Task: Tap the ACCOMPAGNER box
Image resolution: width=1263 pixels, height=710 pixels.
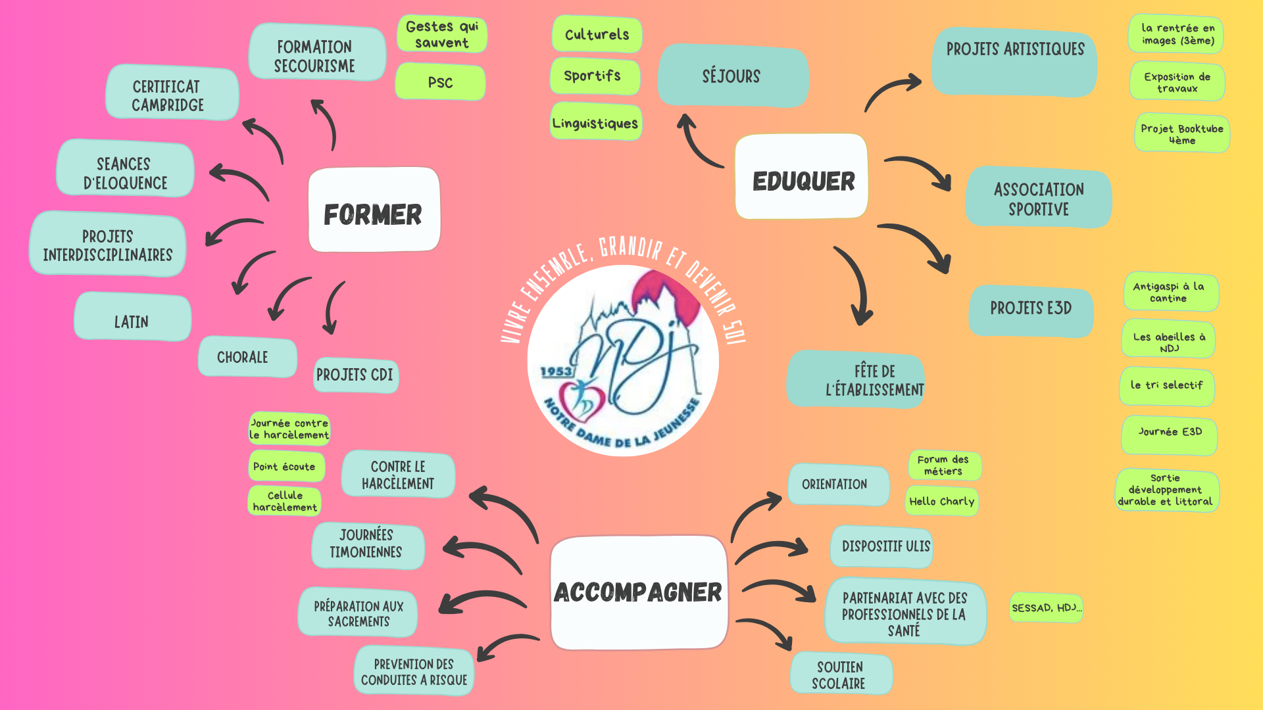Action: [x=639, y=592]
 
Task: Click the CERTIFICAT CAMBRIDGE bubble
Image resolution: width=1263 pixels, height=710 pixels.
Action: [x=171, y=94]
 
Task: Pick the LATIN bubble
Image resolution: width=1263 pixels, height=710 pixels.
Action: [x=132, y=319]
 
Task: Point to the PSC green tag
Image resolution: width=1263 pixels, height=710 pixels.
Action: [x=440, y=82]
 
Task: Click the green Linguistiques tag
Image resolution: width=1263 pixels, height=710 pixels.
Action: [x=595, y=122]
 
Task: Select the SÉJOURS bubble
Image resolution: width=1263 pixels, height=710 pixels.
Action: [x=732, y=76]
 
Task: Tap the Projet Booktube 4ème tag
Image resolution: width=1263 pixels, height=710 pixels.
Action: [x=1181, y=134]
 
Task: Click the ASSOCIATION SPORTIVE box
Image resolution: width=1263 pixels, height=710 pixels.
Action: [x=1038, y=199]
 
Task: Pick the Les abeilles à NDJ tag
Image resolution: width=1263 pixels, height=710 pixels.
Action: [x=1168, y=341]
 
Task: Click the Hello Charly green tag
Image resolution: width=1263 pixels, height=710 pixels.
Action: [x=941, y=501]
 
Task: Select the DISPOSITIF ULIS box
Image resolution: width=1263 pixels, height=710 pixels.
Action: [x=882, y=546]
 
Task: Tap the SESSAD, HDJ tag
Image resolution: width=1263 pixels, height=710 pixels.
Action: [x=1045, y=608]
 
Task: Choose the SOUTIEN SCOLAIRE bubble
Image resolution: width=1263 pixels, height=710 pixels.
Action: [x=840, y=674]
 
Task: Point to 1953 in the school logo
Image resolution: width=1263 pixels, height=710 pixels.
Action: [x=556, y=371]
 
